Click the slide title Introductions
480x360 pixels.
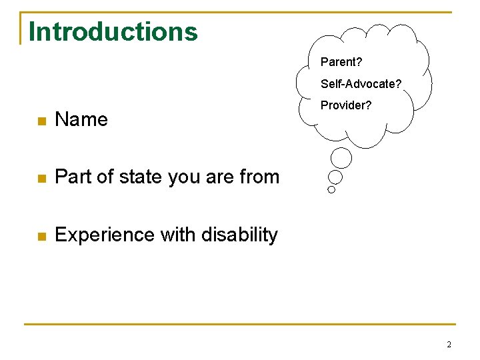pyautogui.click(x=113, y=31)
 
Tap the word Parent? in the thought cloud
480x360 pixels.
pyautogui.click(x=341, y=62)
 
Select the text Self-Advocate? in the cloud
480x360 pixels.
pyautogui.click(x=361, y=84)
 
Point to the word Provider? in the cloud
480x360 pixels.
pyautogui.click(x=347, y=105)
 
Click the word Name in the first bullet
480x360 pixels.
pyautogui.click(x=81, y=119)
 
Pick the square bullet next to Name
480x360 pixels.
pyautogui.click(x=41, y=121)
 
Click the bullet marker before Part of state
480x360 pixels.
pyautogui.click(x=41, y=179)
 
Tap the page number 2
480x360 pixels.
pyautogui.click(x=449, y=345)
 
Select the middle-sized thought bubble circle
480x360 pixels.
pyautogui.click(x=335, y=177)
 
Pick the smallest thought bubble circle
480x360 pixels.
pyautogui.click(x=331, y=189)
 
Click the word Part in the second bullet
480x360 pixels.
pyautogui.click(x=71, y=177)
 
